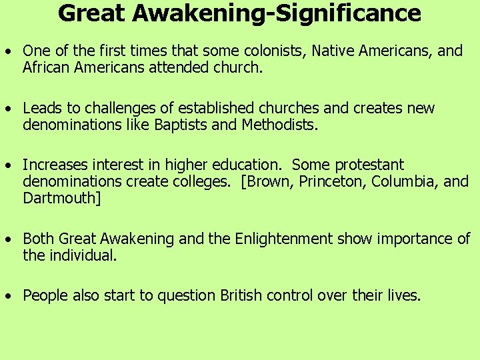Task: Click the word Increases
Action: pyautogui.click(x=55, y=165)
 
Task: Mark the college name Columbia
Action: pyautogui.click(x=404, y=181)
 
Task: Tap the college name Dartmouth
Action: pyautogui.click(x=61, y=198)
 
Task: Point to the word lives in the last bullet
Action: pyautogui.click(x=405, y=295)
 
